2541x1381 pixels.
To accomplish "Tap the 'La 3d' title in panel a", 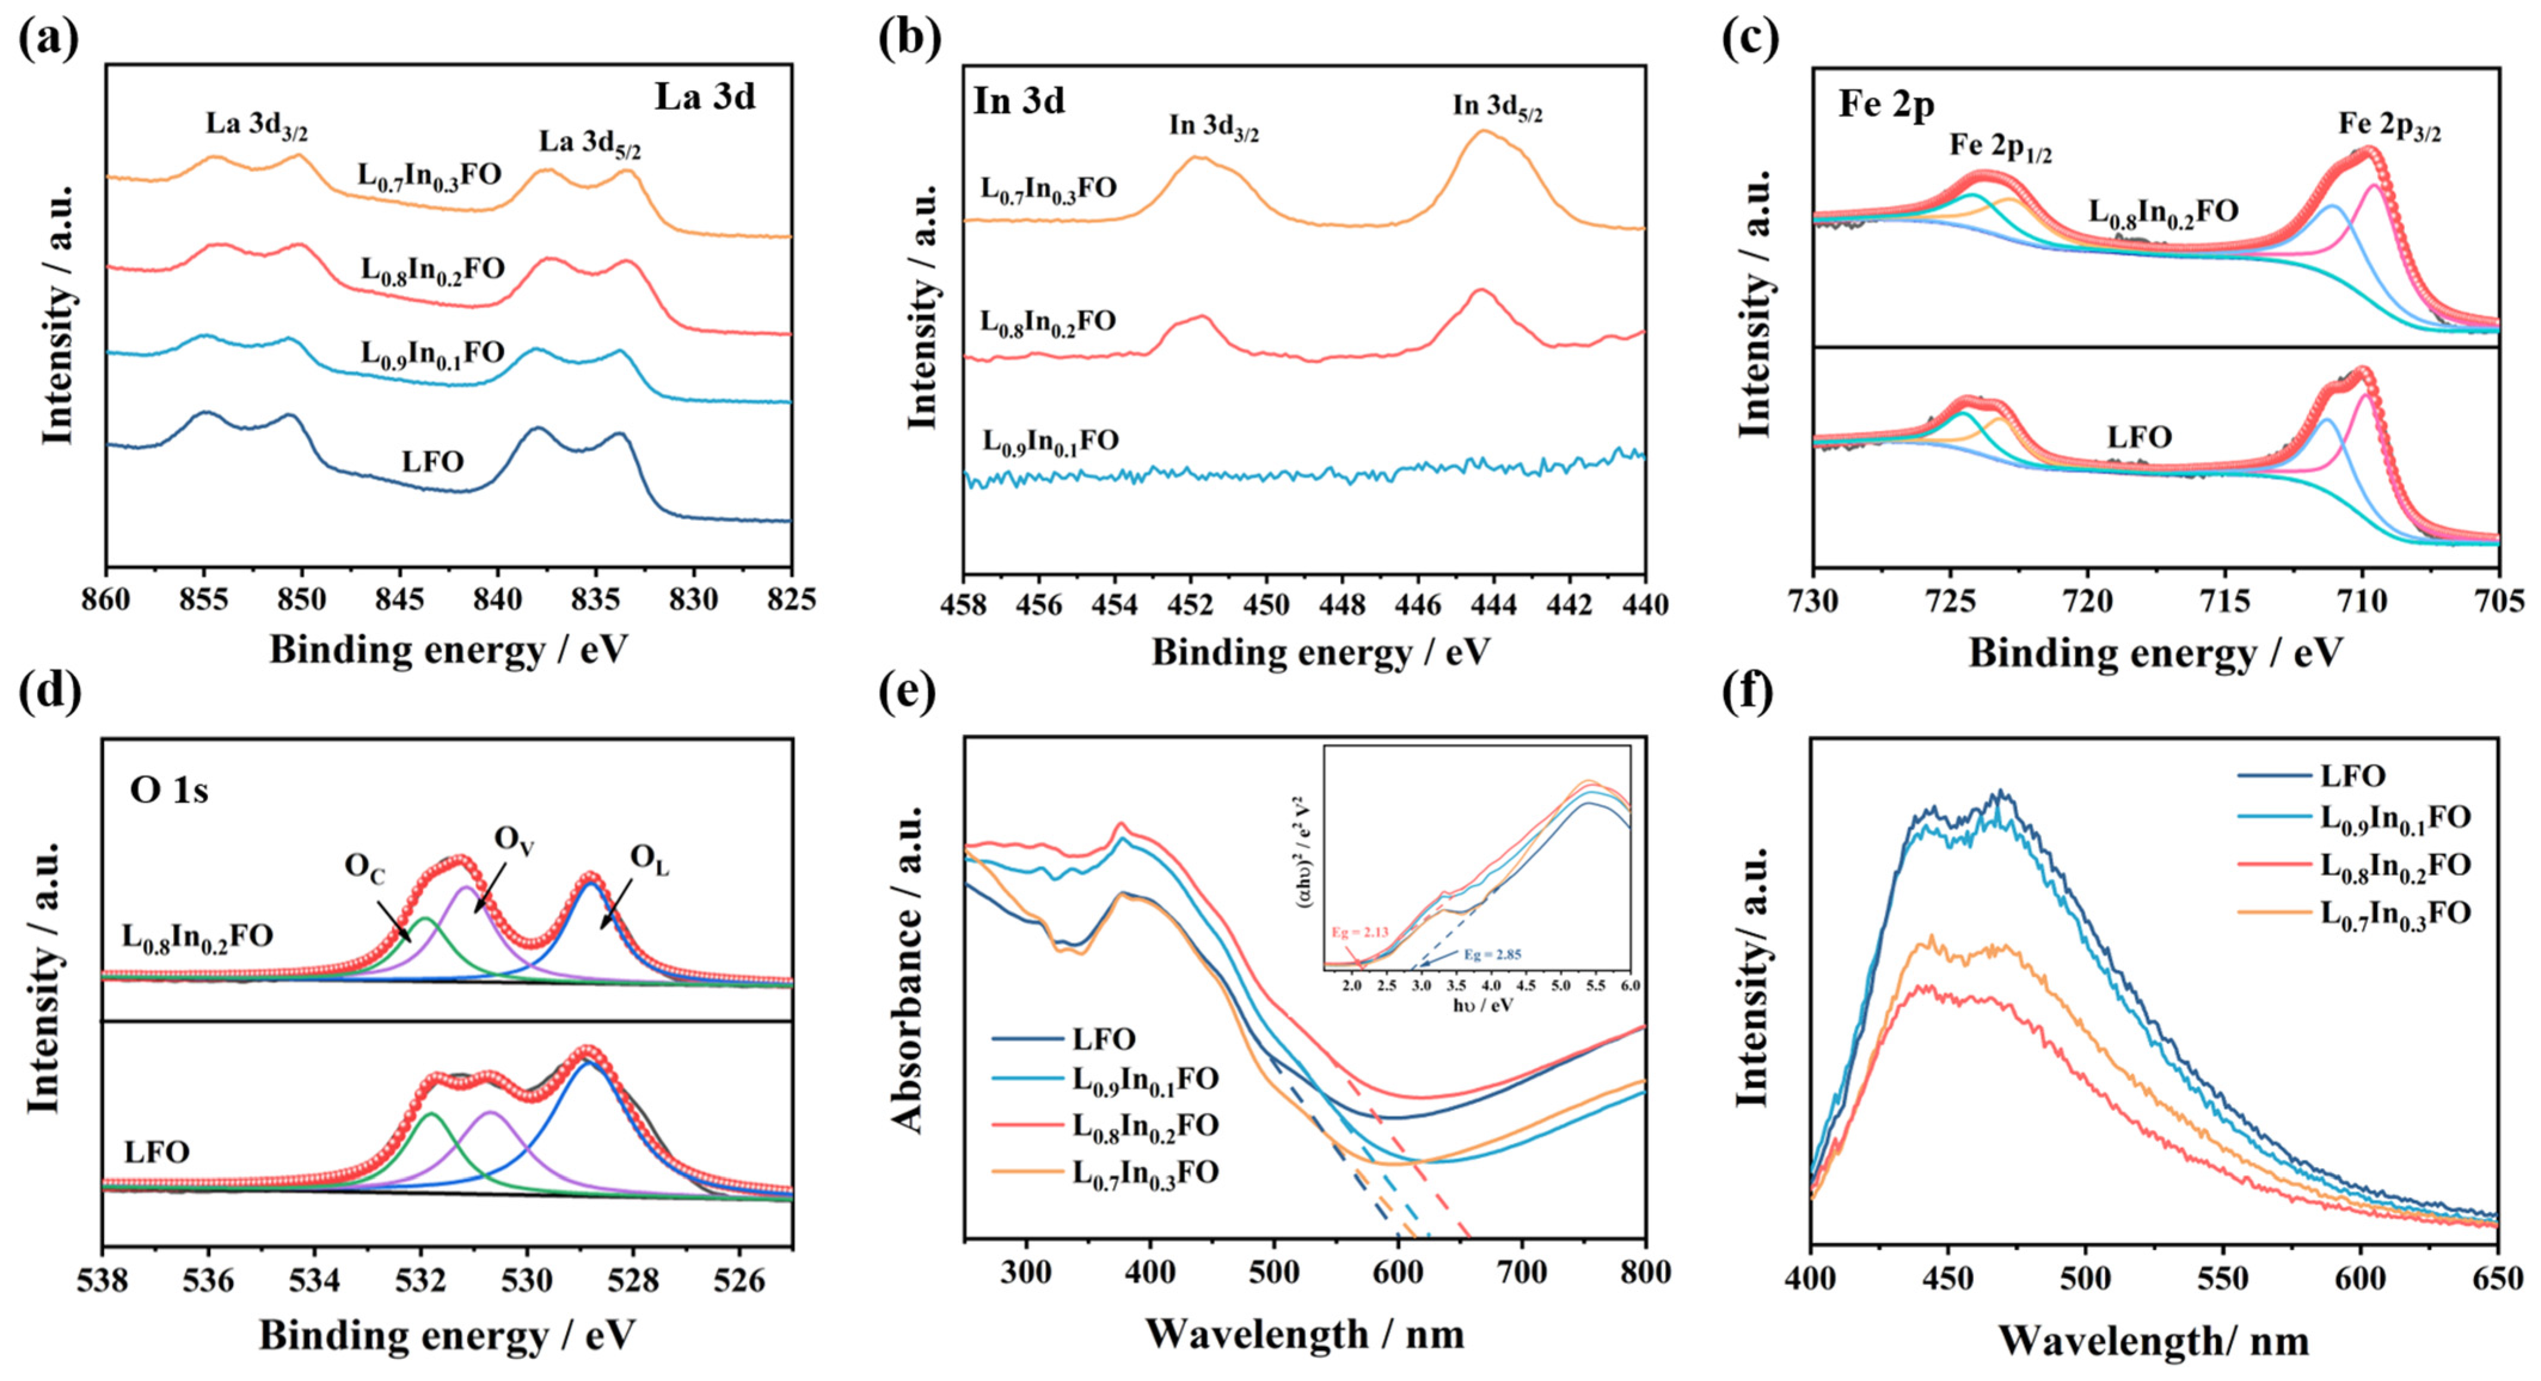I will [704, 97].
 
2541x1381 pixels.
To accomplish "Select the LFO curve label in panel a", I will [432, 461].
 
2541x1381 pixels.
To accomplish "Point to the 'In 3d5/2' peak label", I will [1497, 106].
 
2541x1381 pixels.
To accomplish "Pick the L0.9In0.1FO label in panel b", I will [1050, 440].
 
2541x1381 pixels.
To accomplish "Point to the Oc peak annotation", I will [364, 868].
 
